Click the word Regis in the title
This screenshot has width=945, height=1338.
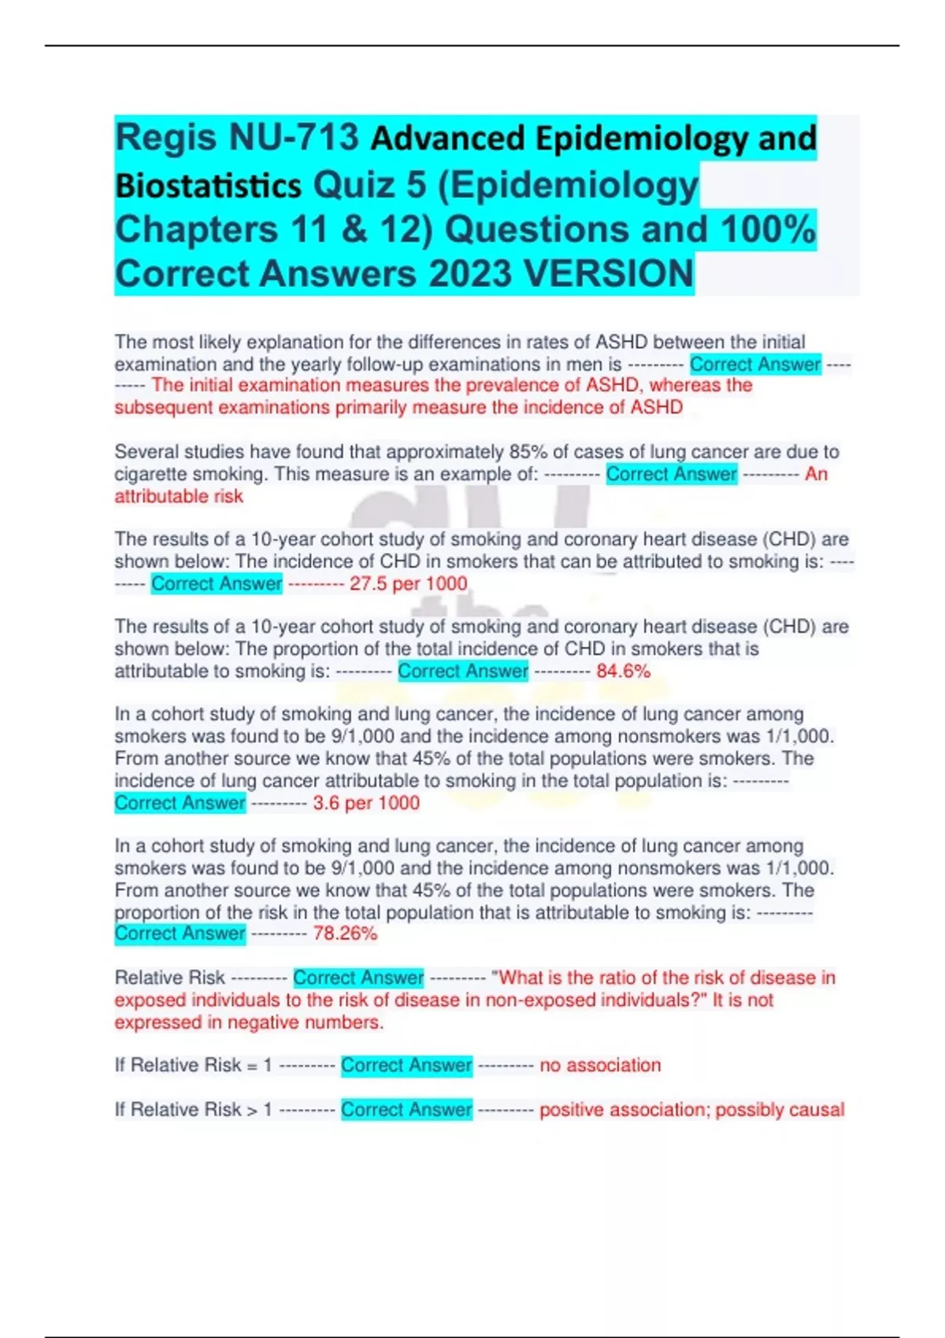[x=165, y=138]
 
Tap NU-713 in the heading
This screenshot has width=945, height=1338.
[x=293, y=138]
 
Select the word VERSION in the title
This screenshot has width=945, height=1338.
[x=608, y=274]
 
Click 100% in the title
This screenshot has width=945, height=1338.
[x=768, y=229]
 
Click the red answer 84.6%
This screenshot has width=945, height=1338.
[x=623, y=671]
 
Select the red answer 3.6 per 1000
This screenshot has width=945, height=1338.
[x=366, y=803]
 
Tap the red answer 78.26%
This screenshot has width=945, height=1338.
[x=345, y=933]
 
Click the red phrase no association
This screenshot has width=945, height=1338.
[x=600, y=1065]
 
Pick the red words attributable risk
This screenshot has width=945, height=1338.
[x=179, y=497]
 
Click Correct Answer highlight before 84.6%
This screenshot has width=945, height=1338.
[x=462, y=671]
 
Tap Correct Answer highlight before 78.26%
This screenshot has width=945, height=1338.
[x=180, y=933]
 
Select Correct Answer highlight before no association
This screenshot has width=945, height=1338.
[x=406, y=1065]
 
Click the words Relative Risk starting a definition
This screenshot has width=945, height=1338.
[x=169, y=978]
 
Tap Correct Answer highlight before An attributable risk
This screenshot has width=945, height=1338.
[x=671, y=474]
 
